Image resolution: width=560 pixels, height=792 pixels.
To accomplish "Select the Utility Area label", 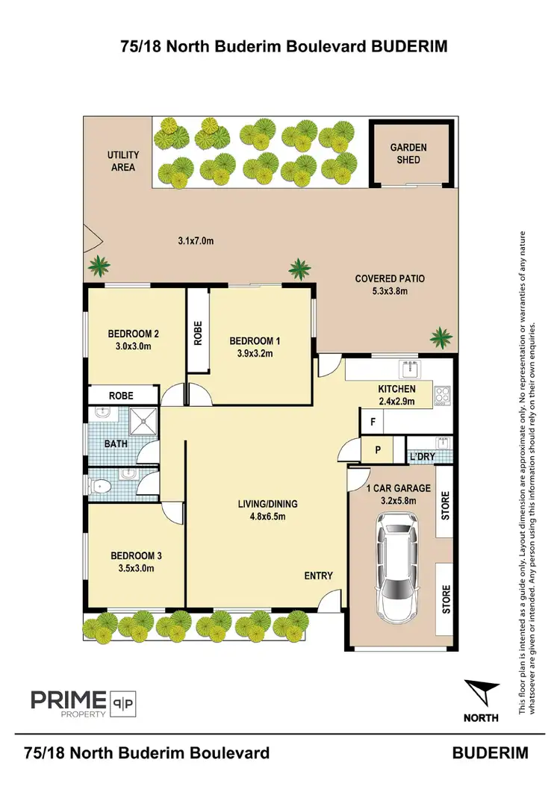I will point(123,161).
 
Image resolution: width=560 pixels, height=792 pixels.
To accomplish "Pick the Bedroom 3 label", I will point(136,555).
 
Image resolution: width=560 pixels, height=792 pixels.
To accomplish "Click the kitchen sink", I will point(408,368).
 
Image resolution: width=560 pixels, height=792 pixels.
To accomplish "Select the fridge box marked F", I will point(371,422).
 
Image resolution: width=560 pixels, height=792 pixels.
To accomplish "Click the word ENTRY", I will point(318,576).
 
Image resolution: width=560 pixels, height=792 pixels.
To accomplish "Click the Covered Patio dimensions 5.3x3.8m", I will point(390,291).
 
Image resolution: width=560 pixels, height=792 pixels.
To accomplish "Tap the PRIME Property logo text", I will point(67,700).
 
